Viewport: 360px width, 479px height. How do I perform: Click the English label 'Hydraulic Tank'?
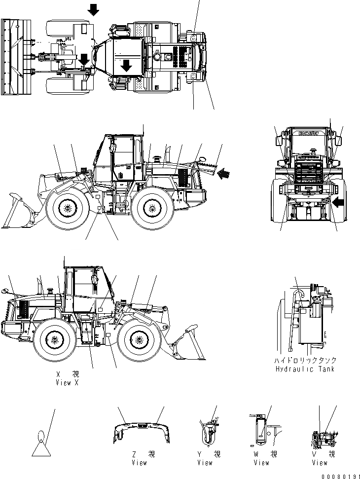pyautogui.click(x=306, y=369)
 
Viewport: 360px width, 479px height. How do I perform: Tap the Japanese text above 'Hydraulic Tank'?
pyautogui.click(x=306, y=361)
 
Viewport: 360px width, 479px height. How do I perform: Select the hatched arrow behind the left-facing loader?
pyautogui.click(x=224, y=173)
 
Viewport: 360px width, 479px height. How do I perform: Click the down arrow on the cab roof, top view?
pyautogui.click(x=127, y=65)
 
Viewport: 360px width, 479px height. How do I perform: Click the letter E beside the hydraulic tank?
pyautogui.click(x=325, y=335)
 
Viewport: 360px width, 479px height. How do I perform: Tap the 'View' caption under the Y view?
pyautogui.click(x=205, y=463)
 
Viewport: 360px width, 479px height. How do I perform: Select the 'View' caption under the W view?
pyautogui.click(x=261, y=463)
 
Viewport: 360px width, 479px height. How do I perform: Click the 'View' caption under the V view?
pyautogui.click(x=320, y=463)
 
